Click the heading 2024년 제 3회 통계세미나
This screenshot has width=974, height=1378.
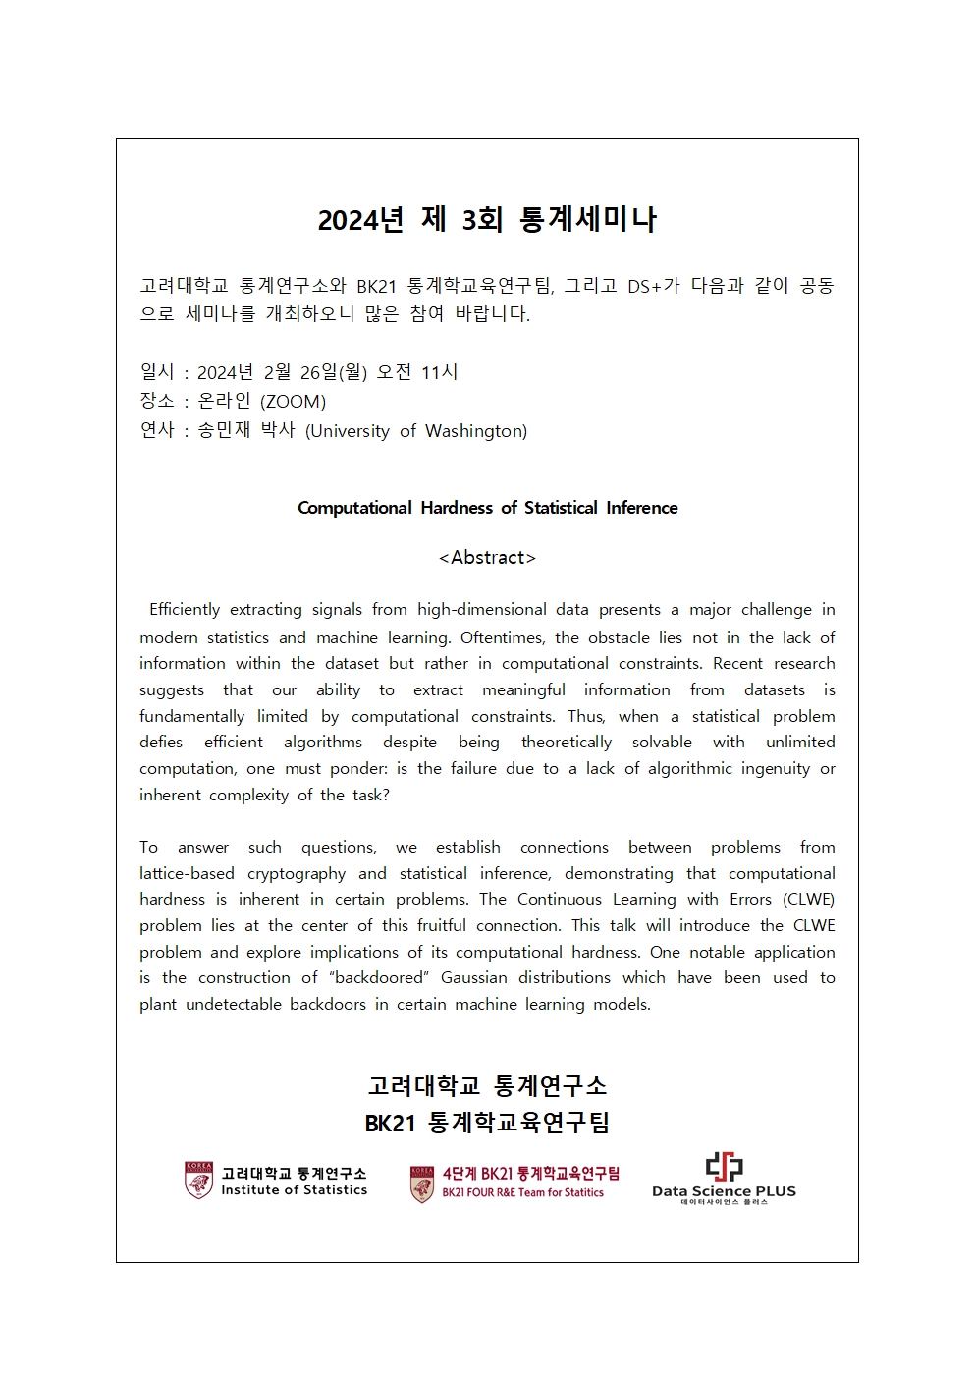(x=487, y=219)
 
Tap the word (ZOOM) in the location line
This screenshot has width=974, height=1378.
(x=293, y=401)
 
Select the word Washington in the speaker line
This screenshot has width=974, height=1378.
(x=475, y=430)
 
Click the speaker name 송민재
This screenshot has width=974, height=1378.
(x=224, y=430)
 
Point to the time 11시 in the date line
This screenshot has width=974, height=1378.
(x=439, y=372)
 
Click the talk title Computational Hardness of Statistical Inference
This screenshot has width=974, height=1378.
(x=487, y=508)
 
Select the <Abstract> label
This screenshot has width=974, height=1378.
(x=487, y=558)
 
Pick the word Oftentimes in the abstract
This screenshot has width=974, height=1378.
(x=499, y=637)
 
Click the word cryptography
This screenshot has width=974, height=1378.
(x=297, y=873)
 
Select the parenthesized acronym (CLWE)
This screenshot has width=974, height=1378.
(x=808, y=899)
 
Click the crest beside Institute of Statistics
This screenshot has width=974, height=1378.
(x=198, y=1181)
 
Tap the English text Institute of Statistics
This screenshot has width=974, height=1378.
(x=294, y=1190)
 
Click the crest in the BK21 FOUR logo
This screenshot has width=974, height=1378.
(x=422, y=1184)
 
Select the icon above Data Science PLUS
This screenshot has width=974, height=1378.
(x=724, y=1167)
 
